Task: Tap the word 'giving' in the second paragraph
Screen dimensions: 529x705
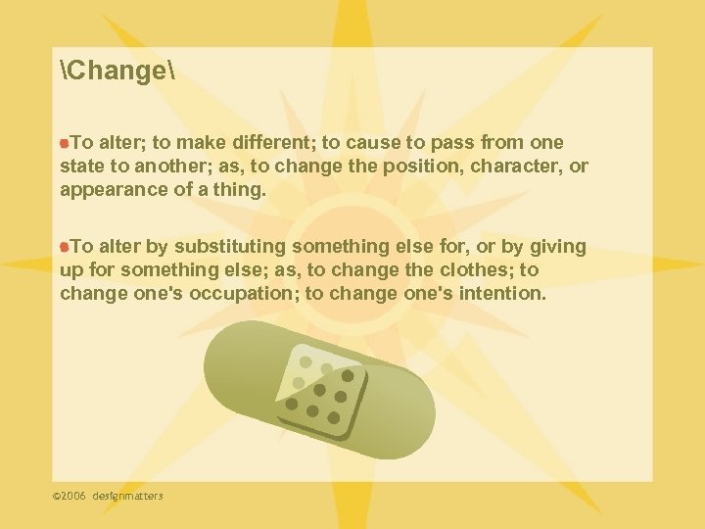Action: [x=556, y=246]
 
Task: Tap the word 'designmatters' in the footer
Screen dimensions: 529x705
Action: [x=128, y=496]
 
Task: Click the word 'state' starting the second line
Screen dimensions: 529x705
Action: [x=81, y=167]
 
